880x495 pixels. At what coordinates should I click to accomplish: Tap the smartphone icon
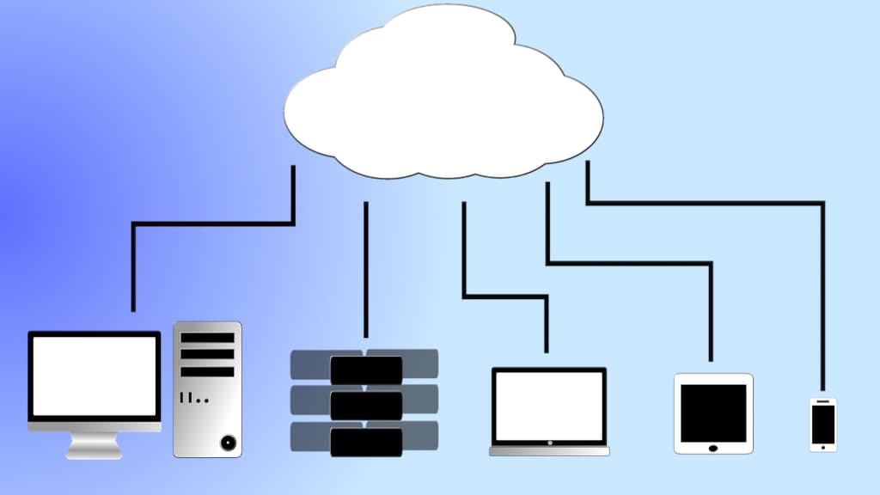click(823, 424)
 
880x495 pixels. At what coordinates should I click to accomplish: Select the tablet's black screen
click(713, 412)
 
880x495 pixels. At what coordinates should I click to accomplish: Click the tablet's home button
click(712, 446)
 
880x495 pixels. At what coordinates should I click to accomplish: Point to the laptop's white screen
click(549, 406)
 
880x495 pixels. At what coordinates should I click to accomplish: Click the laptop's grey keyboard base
click(549, 449)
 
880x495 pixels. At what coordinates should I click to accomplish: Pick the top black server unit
click(366, 370)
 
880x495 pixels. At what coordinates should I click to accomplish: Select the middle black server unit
click(366, 406)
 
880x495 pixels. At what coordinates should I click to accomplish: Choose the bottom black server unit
click(366, 442)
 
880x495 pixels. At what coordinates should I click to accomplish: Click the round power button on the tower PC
click(228, 443)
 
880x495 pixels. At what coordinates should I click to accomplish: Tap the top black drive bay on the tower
click(207, 338)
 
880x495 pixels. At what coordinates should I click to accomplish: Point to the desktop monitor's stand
click(95, 444)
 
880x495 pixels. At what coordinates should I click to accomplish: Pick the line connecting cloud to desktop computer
click(215, 224)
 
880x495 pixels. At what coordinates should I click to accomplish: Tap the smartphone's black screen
click(823, 422)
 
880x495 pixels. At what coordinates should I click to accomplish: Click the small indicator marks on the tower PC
click(194, 399)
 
